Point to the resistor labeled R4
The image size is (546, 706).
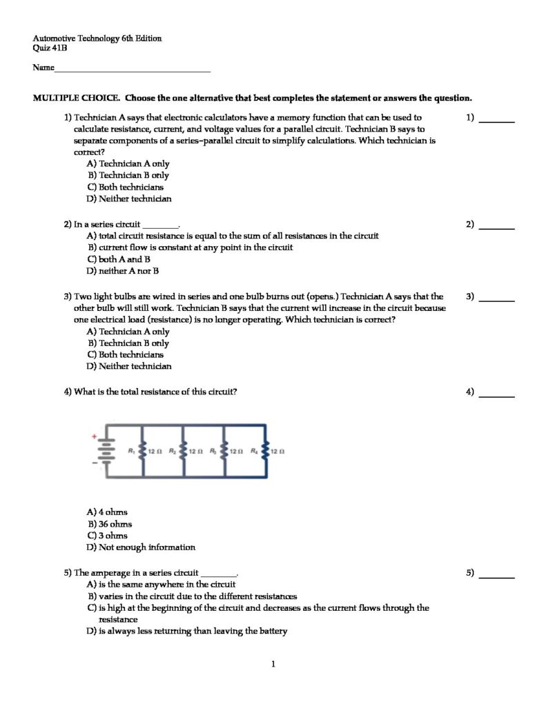click(266, 452)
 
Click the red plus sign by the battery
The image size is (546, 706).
click(94, 436)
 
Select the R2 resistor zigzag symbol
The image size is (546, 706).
click(183, 452)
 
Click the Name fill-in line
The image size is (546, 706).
click(132, 70)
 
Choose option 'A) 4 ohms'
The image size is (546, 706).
click(107, 512)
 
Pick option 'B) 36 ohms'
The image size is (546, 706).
click(109, 524)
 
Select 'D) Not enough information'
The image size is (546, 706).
click(141, 547)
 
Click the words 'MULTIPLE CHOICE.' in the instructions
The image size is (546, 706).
click(76, 98)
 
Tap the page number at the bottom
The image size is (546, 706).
click(273, 665)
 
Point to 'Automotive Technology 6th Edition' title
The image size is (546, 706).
click(97, 39)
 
